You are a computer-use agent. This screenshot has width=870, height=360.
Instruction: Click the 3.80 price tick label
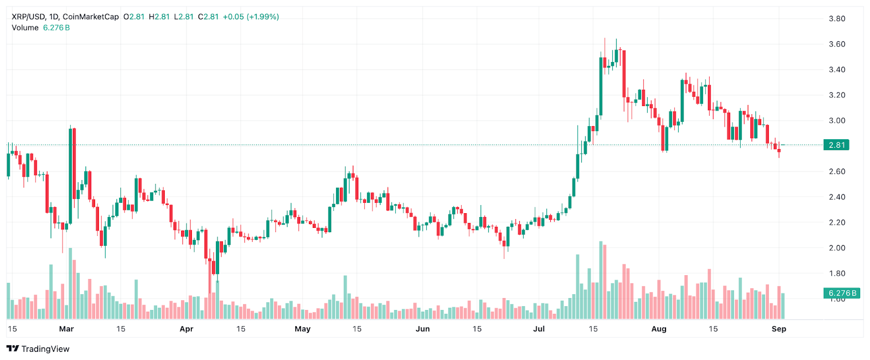coord(836,18)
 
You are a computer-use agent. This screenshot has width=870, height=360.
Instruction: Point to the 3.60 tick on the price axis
coord(836,44)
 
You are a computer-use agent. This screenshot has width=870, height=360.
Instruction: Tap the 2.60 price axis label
coord(836,171)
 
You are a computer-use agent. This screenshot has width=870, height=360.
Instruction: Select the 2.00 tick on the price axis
coord(836,248)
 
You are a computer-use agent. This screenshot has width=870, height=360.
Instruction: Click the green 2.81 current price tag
coord(836,145)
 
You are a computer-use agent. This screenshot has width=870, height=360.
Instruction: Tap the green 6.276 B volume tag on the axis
coord(842,293)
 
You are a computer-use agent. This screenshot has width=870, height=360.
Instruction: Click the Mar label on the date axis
coord(66,329)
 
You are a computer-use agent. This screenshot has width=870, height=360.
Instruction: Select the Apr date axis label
coord(187,329)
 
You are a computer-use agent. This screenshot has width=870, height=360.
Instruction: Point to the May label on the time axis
coord(302,329)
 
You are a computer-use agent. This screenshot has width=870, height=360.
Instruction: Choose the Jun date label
coord(422,329)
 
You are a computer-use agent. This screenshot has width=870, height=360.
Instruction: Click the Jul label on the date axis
coord(539,329)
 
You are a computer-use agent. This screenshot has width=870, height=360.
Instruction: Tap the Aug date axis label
coord(658,329)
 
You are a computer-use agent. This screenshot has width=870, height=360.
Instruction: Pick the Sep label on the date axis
coord(779,329)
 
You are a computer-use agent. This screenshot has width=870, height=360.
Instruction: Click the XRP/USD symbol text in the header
coord(28,17)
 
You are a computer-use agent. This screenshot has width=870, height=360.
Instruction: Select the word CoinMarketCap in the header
coord(90,17)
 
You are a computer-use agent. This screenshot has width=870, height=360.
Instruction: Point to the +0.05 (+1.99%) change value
coord(251,17)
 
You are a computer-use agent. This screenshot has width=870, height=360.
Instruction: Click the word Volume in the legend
coord(25,28)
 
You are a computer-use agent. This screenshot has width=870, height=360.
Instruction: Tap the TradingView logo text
coord(45,349)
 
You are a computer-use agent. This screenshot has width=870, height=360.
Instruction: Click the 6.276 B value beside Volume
coord(57,28)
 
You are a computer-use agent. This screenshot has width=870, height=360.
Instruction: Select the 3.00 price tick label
coord(836,121)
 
